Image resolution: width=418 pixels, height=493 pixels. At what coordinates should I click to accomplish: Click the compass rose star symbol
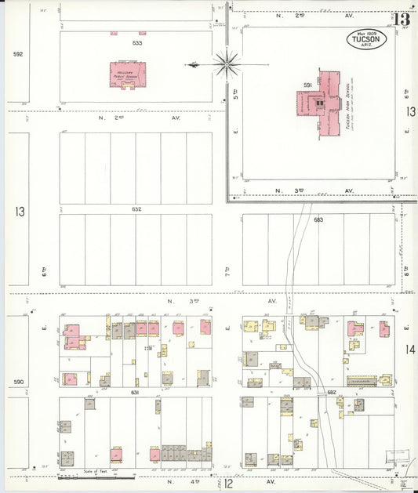(226, 64)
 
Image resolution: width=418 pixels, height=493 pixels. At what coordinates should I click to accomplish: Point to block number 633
(137, 43)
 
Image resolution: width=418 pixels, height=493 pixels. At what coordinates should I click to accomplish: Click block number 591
(308, 84)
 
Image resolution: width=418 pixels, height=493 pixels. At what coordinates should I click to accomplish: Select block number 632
(136, 209)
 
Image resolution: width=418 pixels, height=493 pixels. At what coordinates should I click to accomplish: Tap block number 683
(318, 220)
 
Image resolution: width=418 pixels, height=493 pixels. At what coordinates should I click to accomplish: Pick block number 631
(135, 392)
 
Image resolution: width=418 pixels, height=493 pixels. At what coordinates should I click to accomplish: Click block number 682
(321, 392)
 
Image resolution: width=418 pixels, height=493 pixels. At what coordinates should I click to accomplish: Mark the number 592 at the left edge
(18, 54)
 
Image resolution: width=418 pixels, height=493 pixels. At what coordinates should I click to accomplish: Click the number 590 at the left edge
(18, 382)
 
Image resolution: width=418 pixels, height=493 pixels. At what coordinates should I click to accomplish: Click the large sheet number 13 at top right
(402, 19)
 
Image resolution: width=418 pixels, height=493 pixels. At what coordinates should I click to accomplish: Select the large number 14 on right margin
(410, 350)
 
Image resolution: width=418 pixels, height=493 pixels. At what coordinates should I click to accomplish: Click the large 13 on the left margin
(19, 212)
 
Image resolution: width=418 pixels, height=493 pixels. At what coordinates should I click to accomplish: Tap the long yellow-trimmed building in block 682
(362, 380)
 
